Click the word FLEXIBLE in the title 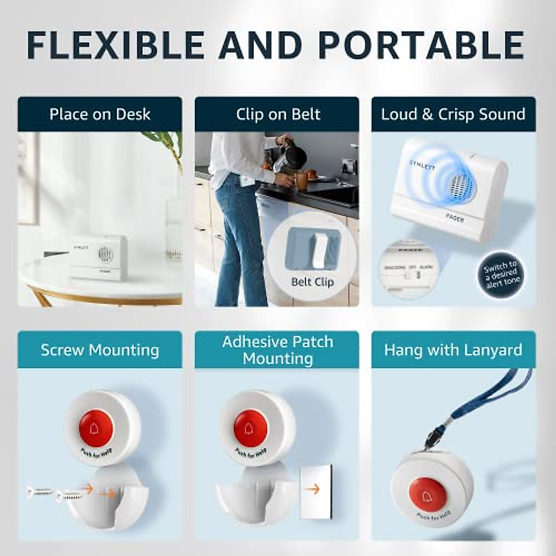[115, 45]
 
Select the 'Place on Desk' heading [100, 114]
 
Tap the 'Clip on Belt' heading [278, 114]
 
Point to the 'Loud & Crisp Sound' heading [453, 114]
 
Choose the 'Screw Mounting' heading [100, 350]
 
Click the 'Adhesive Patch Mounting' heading [278, 350]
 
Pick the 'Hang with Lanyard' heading [453, 350]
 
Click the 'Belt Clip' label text [312, 282]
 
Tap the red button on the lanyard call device [428, 493]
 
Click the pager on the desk [99, 257]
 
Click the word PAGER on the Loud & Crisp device [455, 217]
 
